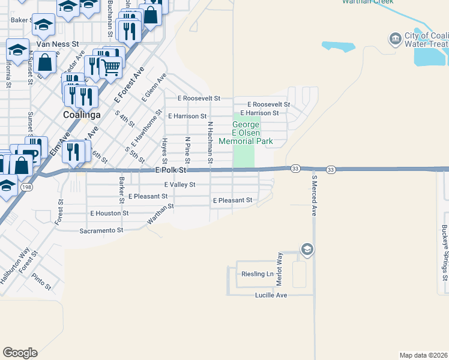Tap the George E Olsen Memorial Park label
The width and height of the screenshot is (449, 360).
coord(246,133)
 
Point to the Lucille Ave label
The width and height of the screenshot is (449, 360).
coord(271,295)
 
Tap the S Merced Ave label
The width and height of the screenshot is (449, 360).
coord(313,195)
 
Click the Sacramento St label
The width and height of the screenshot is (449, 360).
coord(101,230)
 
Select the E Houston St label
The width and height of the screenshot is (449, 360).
coord(109,213)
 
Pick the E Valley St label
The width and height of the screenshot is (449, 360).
coord(179,185)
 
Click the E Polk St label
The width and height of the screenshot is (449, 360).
coord(171,170)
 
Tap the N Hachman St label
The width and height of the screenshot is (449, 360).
coord(210,142)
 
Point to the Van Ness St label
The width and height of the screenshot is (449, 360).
coord(58,44)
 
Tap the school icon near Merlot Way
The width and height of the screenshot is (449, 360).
coord(307,249)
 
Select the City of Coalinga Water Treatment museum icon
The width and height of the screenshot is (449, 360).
coord(395,40)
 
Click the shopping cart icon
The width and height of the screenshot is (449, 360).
coord(110,68)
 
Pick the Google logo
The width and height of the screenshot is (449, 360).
coord(20,353)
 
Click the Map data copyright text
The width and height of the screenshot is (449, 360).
coord(423,355)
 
